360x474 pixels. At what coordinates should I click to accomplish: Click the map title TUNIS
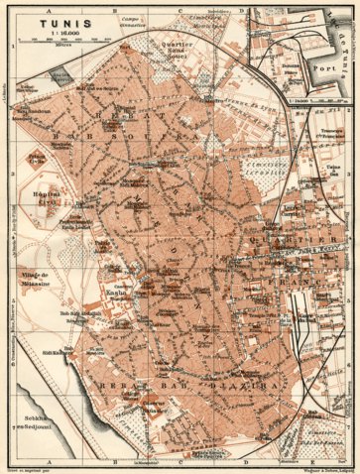click(x=38, y=22)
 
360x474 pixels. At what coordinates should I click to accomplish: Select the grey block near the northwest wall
click(x=60, y=75)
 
